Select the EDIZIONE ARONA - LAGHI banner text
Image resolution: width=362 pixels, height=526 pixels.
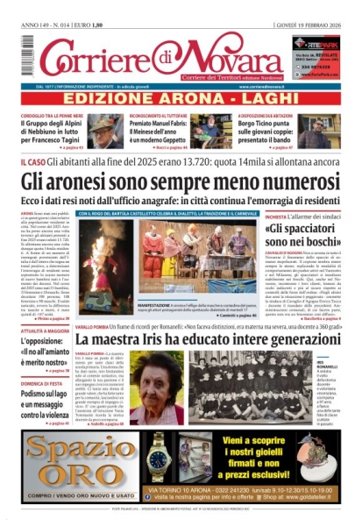[x=181, y=101]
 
